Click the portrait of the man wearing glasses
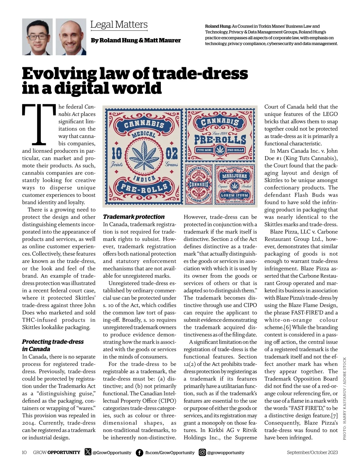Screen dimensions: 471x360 tap(37, 37)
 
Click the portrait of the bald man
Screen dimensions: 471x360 tap(71, 37)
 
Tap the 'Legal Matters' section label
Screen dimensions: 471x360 tap(119, 25)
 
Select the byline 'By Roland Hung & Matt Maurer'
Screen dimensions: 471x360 tap(136, 40)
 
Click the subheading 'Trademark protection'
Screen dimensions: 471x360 tap(134, 217)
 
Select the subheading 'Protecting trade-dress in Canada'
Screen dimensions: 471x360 tap(53, 345)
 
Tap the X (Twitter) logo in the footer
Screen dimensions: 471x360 tap(88, 452)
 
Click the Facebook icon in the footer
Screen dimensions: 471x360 tap(139, 452)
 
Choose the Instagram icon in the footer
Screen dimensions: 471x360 tap(202, 452)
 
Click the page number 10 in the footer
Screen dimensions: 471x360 tap(24, 452)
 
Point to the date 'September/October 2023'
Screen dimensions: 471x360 tap(312, 452)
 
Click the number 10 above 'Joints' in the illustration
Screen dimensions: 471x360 tap(117, 154)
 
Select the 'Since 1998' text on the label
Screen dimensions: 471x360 tap(220, 133)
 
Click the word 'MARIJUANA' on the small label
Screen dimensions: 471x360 tap(234, 176)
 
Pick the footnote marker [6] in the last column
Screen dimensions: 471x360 tap(288, 327)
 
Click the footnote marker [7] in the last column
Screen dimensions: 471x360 tap(334, 415)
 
